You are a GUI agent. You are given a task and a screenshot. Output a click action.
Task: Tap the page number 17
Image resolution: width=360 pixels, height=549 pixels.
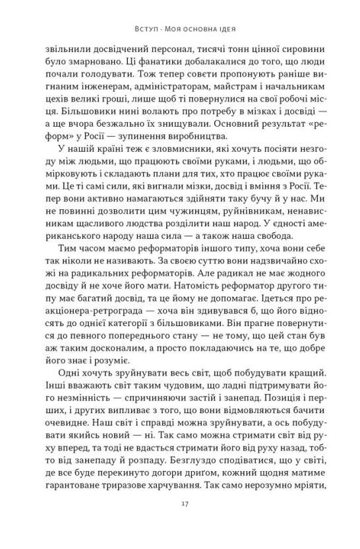click(179, 521)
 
